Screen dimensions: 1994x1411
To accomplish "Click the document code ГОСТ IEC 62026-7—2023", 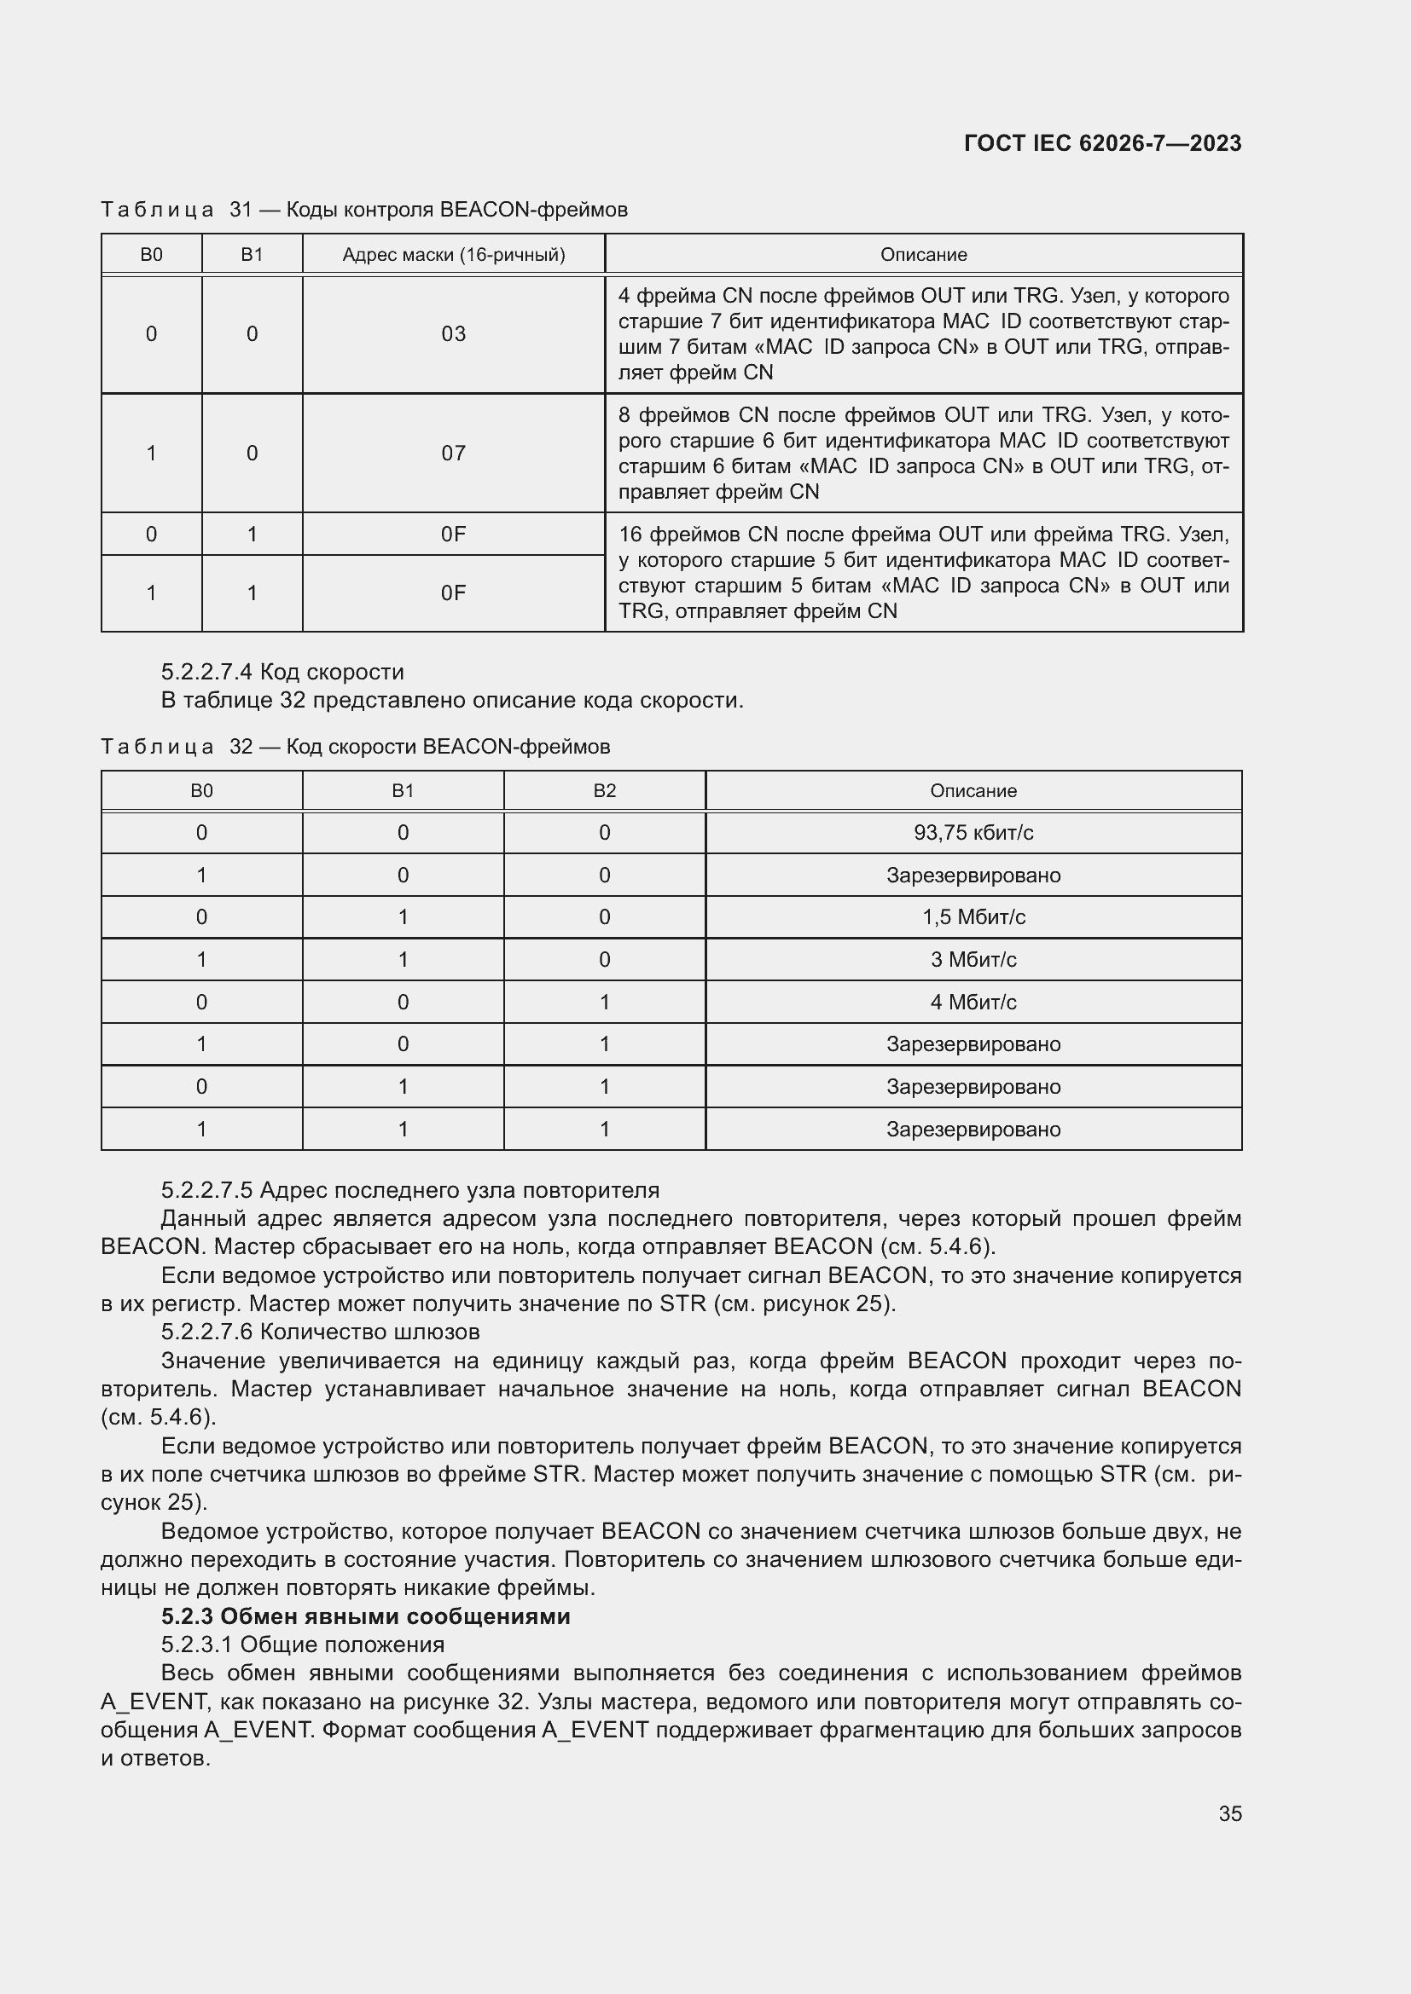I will [x=1101, y=143].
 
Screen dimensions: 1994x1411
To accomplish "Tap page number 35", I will [x=1229, y=1813].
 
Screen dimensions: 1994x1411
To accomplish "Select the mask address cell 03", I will [x=453, y=334].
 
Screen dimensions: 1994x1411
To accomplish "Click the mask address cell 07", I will [x=453, y=454].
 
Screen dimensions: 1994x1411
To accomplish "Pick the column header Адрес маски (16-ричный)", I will [x=453, y=254].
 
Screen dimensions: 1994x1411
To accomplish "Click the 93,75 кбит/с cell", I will [x=973, y=833].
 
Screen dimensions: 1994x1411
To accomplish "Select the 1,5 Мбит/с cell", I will [x=973, y=917].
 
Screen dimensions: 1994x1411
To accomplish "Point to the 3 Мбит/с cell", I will [x=973, y=960].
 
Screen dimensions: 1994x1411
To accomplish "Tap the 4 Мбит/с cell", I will [x=973, y=1003].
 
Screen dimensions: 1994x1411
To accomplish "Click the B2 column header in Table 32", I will [x=604, y=791].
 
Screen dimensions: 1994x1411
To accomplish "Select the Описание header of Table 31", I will [x=923, y=254].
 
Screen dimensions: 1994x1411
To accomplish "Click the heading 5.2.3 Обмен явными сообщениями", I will [x=366, y=1616].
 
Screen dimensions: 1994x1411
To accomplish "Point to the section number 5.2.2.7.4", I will [x=206, y=672].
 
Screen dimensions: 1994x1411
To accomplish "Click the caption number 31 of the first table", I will [x=241, y=210].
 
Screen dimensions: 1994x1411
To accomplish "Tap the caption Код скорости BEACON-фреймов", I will [x=448, y=747].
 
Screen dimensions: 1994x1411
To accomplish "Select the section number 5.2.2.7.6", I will [x=206, y=1332].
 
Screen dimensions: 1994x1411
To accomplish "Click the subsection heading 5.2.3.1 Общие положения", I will [x=302, y=1644].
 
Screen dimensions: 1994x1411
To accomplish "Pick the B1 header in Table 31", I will [x=252, y=254].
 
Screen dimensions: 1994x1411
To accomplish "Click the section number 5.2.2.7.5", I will [x=206, y=1190].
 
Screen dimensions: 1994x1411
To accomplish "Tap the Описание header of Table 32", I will [x=973, y=791].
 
